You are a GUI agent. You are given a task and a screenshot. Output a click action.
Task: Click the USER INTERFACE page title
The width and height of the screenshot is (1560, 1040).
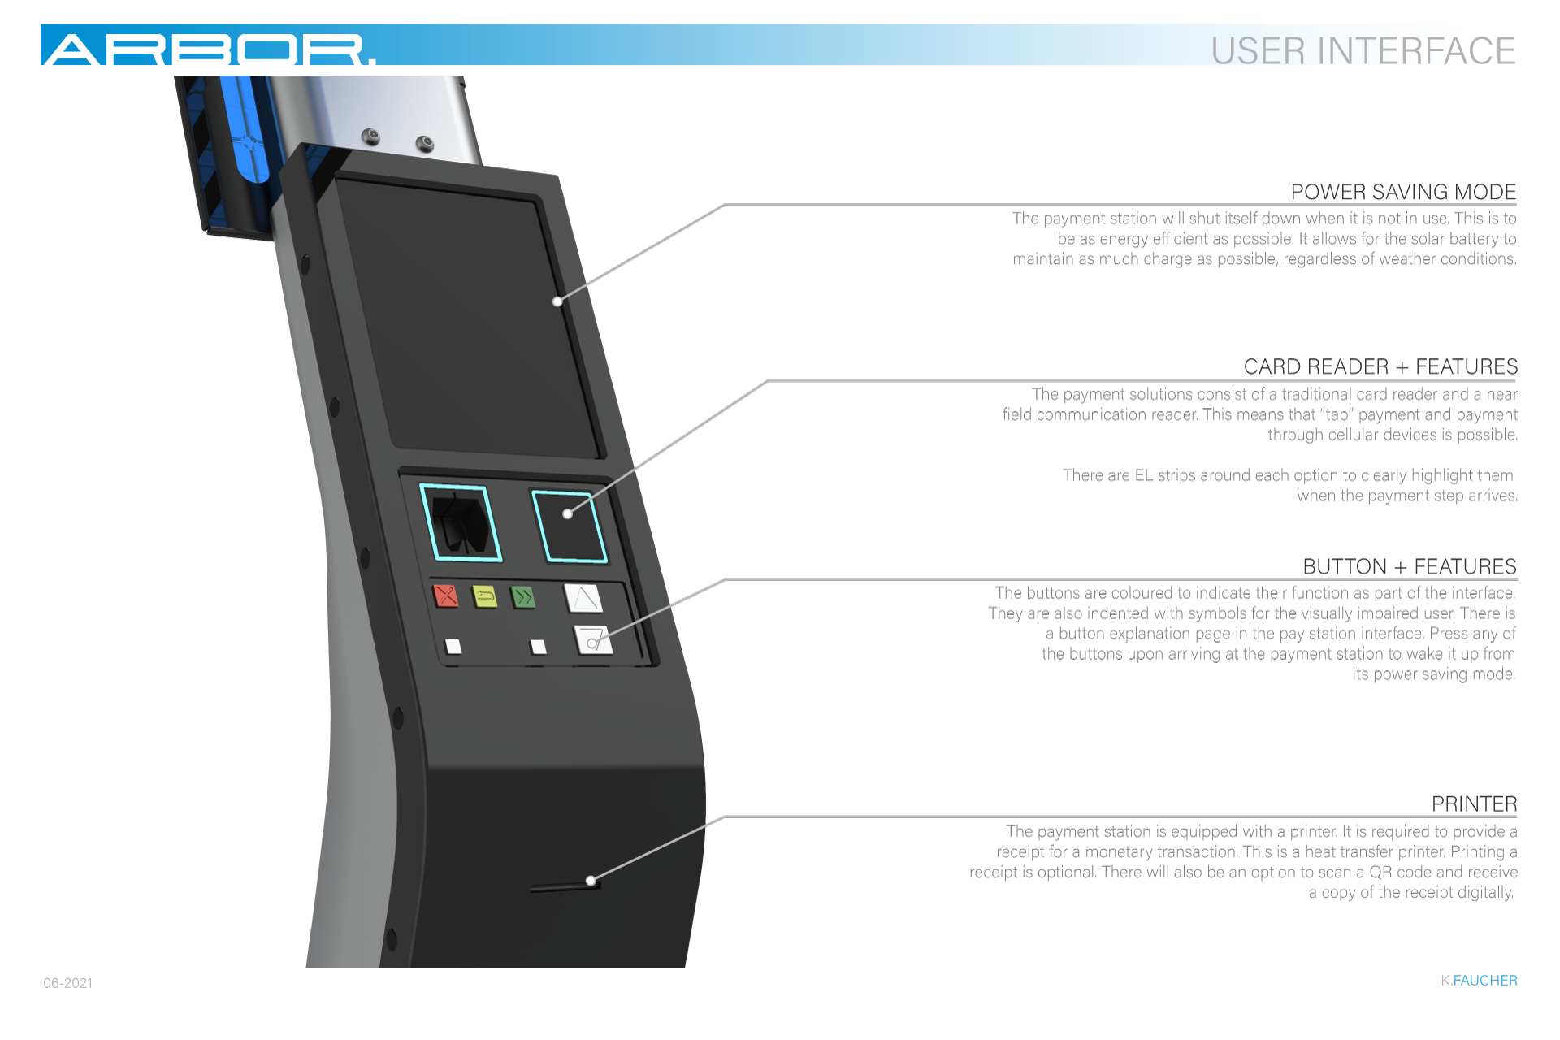1363,50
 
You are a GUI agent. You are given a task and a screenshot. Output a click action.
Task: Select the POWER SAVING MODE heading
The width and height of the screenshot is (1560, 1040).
1403,192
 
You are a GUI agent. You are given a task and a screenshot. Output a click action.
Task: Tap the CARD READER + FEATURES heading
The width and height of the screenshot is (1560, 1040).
1380,366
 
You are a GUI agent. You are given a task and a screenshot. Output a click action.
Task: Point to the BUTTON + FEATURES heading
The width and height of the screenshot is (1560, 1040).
1409,566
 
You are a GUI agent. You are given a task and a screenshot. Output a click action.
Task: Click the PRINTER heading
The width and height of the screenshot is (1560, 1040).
1474,804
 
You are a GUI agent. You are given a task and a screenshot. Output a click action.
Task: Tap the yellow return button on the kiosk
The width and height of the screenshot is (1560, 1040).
485,597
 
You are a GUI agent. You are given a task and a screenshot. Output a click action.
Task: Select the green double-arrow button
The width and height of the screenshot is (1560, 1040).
523,598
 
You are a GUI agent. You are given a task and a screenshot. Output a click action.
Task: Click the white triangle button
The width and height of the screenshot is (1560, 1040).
583,598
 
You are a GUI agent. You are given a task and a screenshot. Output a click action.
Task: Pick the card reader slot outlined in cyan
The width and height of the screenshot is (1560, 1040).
460,522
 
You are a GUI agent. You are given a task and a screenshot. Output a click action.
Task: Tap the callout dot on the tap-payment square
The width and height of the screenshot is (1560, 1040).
567,513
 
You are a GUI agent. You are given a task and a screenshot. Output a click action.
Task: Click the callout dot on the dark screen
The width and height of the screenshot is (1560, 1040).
557,301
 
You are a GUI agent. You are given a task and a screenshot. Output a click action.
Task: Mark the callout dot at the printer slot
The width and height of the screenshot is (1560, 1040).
591,880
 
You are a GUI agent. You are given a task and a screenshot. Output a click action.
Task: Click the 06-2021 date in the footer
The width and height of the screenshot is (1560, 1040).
67,983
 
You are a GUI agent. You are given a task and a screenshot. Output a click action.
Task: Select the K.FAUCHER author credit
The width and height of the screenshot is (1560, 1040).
1479,981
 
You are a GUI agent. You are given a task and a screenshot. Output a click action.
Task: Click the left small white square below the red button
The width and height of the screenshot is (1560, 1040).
453,646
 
